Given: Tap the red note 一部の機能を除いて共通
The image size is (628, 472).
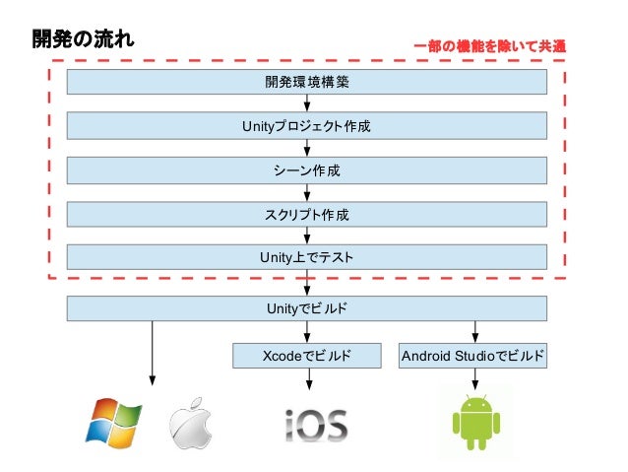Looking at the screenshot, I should tap(490, 45).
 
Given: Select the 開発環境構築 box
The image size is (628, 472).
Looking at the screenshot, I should tap(307, 82).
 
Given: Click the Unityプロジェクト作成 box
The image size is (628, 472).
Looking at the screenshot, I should tap(307, 127).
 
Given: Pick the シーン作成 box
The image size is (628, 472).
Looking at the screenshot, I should tap(307, 170).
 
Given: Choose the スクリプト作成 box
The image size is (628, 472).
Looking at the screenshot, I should tap(307, 214).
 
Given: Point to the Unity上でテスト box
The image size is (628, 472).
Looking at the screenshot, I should tap(307, 257).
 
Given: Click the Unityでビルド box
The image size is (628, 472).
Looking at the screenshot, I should tap(307, 308).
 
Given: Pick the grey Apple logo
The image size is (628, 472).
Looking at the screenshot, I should tap(190, 424).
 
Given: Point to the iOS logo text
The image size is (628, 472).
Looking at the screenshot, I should tap(315, 426).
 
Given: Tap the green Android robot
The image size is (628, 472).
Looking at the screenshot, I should tap(476, 422).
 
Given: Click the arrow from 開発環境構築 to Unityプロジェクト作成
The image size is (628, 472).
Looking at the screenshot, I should tap(308, 103).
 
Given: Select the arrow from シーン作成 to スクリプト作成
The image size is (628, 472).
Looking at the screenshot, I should tap(308, 191).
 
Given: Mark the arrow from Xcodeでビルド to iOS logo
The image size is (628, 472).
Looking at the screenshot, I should tap(308, 381).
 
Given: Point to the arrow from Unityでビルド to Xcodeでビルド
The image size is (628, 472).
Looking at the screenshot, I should tap(308, 332).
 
